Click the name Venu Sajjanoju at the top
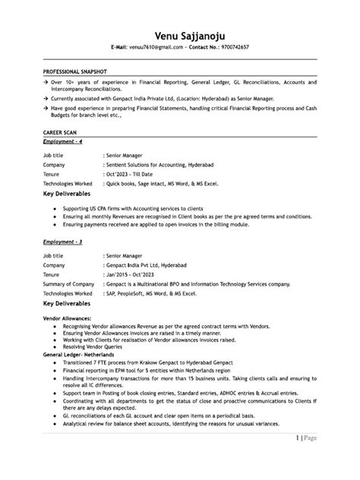pyautogui.click(x=180, y=33)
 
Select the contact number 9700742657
pyautogui.click(x=231, y=47)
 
